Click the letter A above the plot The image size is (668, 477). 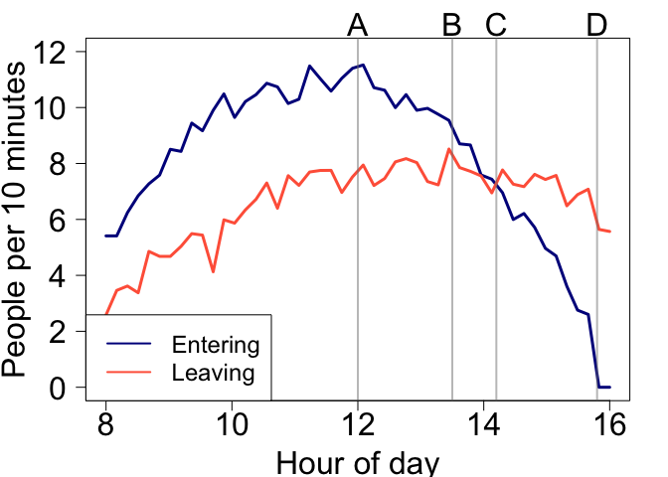point(358,25)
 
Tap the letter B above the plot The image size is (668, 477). point(452,25)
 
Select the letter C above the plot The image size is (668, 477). point(496,25)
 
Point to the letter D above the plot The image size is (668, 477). point(596,25)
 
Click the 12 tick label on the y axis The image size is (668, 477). point(59,52)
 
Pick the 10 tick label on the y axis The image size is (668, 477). point(59,107)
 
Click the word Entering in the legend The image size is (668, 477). point(215,346)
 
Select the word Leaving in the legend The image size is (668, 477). point(213,374)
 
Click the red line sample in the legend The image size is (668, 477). point(126,374)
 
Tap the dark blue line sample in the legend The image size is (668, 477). point(126,346)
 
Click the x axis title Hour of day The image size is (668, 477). point(357,462)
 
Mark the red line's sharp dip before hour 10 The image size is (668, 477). point(213,271)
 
